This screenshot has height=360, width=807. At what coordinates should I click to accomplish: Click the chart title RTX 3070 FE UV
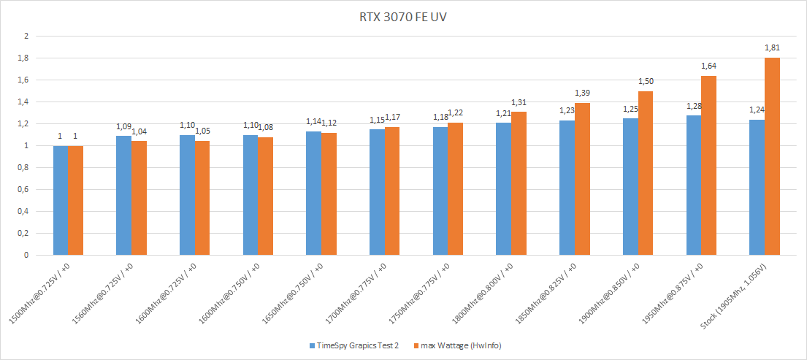(x=402, y=16)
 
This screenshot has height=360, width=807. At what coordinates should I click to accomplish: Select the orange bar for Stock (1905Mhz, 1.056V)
(x=772, y=156)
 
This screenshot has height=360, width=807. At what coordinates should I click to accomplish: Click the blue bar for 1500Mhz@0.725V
(x=60, y=201)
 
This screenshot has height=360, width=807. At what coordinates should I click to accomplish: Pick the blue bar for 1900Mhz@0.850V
(x=630, y=187)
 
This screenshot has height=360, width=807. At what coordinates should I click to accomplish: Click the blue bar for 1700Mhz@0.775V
(x=377, y=192)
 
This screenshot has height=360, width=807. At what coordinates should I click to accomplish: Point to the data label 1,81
(x=772, y=48)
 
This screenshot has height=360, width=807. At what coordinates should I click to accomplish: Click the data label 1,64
(x=709, y=66)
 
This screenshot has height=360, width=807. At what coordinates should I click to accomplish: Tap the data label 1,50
(x=646, y=82)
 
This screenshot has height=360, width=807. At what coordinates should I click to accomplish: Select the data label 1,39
(x=582, y=93)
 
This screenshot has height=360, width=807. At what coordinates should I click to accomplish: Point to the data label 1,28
(x=692, y=107)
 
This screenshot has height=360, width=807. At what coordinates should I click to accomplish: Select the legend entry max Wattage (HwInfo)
(x=459, y=345)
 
